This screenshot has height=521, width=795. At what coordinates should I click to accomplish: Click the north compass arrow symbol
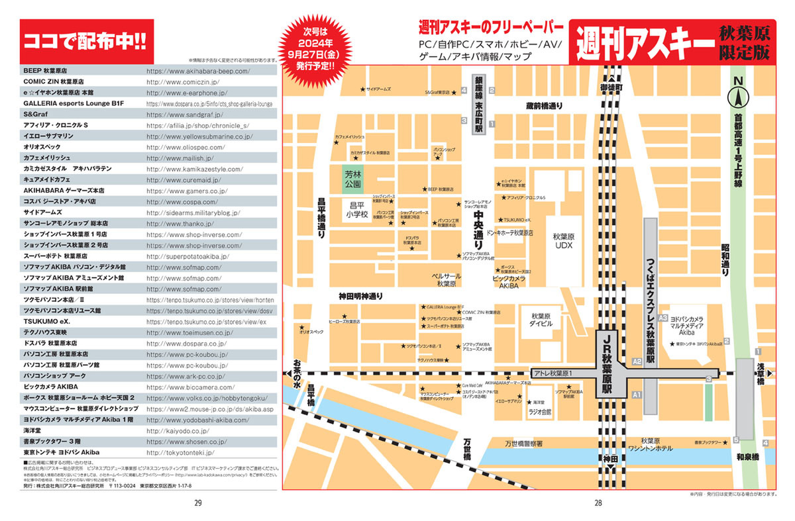pos(737,97)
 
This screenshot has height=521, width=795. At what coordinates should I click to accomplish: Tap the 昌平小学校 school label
pos(359,210)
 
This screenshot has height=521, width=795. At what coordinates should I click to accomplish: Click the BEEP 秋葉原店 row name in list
pos(45,70)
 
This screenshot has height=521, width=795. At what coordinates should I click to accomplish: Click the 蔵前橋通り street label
pos(544,106)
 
